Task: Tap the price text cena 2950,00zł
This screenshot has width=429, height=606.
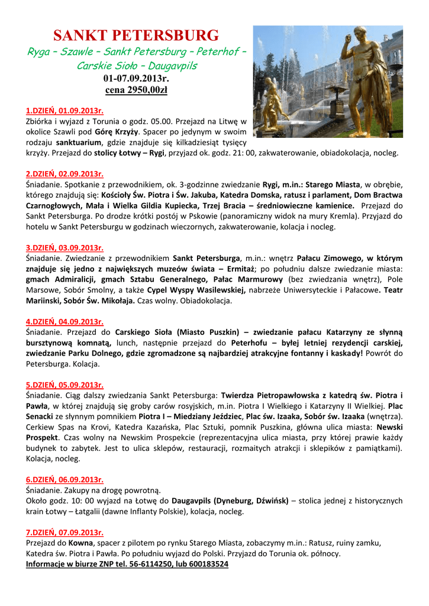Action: click(x=136, y=90)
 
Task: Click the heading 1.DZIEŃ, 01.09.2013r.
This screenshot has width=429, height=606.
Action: click(x=64, y=111)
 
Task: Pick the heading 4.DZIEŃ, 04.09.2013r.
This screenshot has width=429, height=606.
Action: click(x=64, y=322)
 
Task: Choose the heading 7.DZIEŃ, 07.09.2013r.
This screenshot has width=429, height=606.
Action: click(x=64, y=533)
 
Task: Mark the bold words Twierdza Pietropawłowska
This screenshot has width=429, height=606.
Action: click(x=272, y=395)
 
